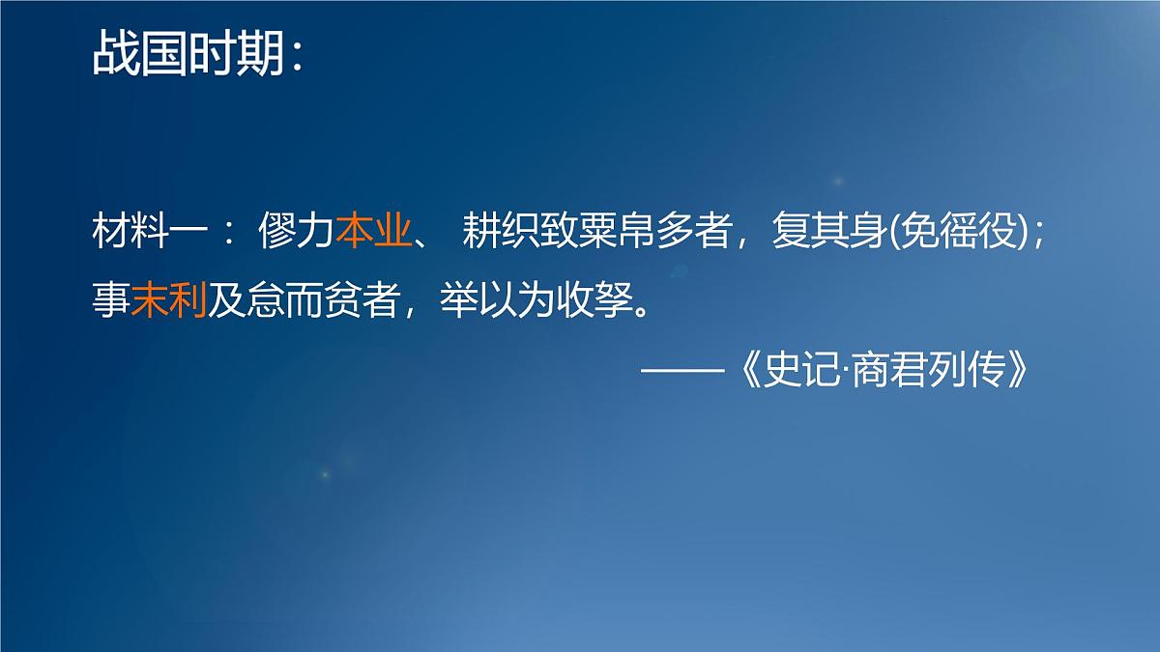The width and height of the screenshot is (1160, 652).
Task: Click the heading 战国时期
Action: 188,55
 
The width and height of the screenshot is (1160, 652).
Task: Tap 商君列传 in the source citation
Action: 927,372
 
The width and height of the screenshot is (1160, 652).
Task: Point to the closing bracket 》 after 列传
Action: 1025,372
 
